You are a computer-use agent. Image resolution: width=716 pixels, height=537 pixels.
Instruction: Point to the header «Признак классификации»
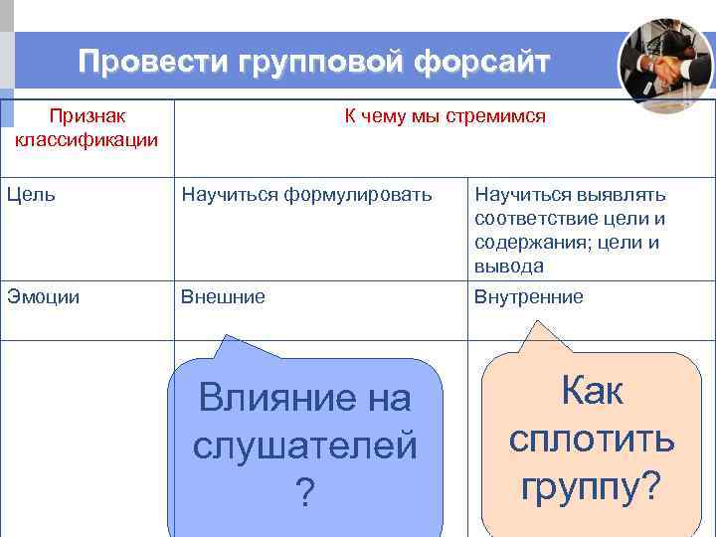(87, 127)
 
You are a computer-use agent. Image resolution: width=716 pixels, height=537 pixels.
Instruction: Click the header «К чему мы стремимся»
(445, 116)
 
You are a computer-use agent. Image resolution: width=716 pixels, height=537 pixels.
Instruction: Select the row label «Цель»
(31, 195)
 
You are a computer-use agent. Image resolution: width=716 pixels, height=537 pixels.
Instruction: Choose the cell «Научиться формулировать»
(306, 195)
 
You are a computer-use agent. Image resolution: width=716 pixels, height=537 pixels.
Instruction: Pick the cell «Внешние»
(223, 296)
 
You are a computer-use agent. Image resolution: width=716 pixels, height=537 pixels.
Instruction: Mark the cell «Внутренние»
(529, 296)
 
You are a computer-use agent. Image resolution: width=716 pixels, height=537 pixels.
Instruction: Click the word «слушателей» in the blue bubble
(305, 447)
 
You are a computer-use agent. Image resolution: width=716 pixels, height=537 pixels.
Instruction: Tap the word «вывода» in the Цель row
(509, 266)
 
